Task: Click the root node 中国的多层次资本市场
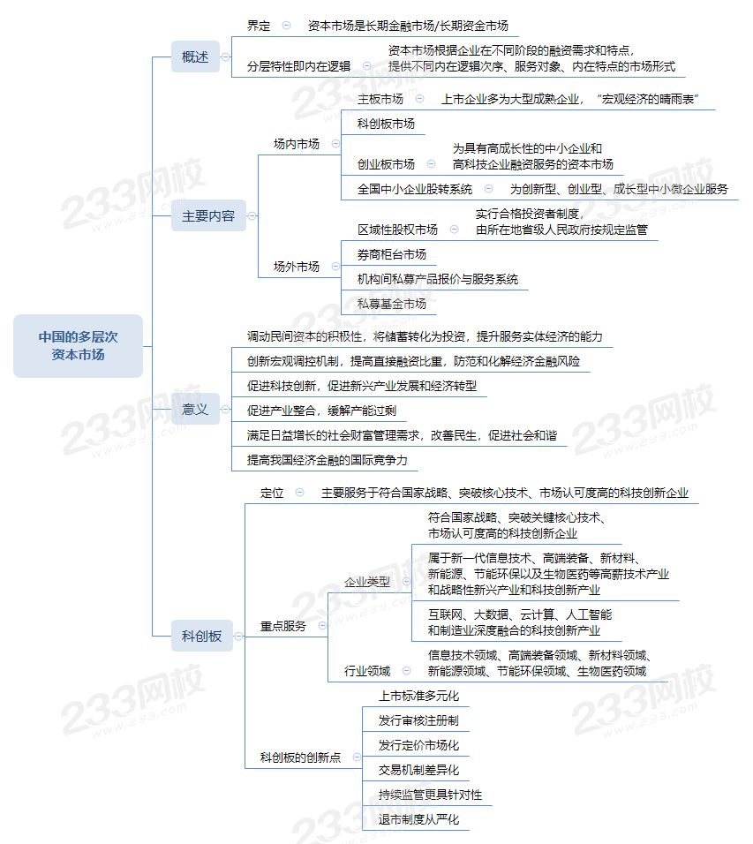pos(78,345)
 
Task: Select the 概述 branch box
pos(195,57)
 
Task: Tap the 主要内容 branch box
pos(208,215)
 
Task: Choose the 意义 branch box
pos(195,409)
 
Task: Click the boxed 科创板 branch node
pos(202,637)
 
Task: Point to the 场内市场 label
pos(297,144)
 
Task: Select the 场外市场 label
pos(297,267)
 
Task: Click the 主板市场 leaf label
pos(380,99)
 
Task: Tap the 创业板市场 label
pos(386,164)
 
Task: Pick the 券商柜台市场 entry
pos(392,254)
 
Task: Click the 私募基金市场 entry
pos(392,304)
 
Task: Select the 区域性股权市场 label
pos(398,230)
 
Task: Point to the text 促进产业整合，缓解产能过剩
pos(321,411)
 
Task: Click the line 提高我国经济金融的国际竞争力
pos(328,460)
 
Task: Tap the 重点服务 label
pos(283,626)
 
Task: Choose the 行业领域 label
pos(367,671)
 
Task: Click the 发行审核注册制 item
pos(418,720)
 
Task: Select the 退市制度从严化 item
pos(418,820)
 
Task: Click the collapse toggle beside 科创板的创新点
pos(357,757)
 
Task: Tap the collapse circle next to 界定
pos(286,26)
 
